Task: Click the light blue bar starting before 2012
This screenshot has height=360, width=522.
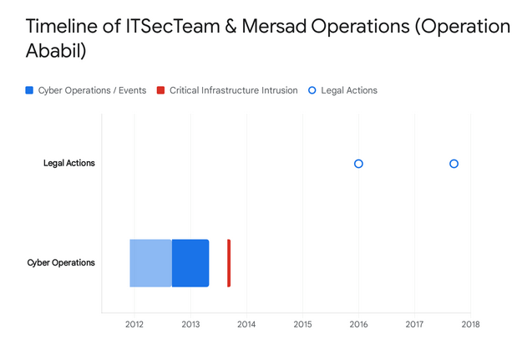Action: pyautogui.click(x=151, y=263)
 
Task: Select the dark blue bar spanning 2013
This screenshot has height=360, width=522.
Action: pyautogui.click(x=190, y=263)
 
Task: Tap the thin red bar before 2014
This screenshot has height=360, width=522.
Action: pyautogui.click(x=229, y=263)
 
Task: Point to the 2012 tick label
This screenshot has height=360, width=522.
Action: pyautogui.click(x=134, y=324)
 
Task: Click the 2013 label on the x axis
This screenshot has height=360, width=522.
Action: pyautogui.click(x=190, y=324)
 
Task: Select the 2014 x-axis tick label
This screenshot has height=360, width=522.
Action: pyautogui.click(x=246, y=324)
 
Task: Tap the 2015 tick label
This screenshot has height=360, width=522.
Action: pyautogui.click(x=302, y=324)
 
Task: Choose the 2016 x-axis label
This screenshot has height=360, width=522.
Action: pyautogui.click(x=358, y=324)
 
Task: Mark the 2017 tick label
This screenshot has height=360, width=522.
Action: pyautogui.click(x=414, y=324)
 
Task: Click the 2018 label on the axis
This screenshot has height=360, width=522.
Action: pyautogui.click(x=471, y=324)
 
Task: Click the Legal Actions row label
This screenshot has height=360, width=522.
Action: pyautogui.click(x=69, y=163)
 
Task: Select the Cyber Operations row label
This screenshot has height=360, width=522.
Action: pyautogui.click(x=61, y=263)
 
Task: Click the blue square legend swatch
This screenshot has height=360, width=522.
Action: pyautogui.click(x=29, y=90)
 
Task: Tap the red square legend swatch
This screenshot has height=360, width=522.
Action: pyautogui.click(x=161, y=90)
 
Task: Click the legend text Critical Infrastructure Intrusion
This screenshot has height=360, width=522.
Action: pyautogui.click(x=233, y=90)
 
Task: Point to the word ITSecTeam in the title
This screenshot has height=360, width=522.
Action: pyautogui.click(x=172, y=26)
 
